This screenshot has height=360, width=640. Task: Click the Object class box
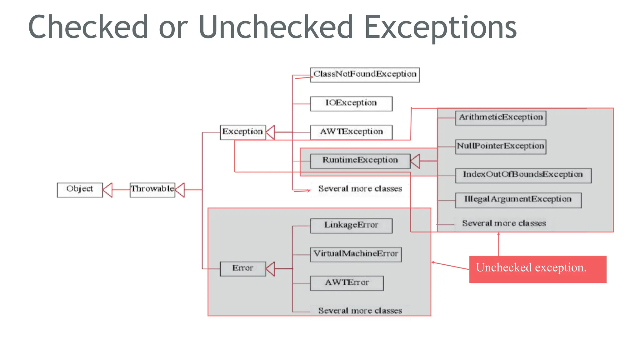80,190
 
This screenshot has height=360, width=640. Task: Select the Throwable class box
152,190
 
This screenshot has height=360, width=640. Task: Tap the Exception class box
242,132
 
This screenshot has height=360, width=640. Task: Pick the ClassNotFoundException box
365,75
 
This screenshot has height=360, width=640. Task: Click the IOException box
351,103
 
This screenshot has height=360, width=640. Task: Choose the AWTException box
351,132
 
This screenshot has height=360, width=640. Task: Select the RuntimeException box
360,161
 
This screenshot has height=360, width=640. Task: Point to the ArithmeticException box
501,118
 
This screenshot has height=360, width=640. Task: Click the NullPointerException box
501,147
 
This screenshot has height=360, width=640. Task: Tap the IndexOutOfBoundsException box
523,175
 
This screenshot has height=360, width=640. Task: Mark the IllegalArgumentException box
518,200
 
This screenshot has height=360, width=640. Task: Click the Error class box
242,269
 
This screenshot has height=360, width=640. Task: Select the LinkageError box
351,226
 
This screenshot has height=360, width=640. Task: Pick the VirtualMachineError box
356,254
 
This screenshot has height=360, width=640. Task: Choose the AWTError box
347,283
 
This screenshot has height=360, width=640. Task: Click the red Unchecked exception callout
537,269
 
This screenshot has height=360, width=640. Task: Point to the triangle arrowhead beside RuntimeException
415,161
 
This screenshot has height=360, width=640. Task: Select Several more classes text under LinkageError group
360,311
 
